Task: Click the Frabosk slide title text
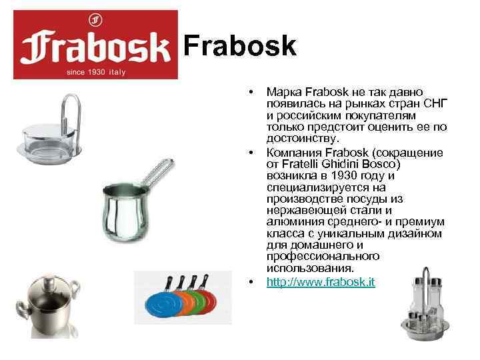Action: tap(239, 46)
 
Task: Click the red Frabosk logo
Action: tap(96, 45)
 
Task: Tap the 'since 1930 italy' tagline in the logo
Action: tap(96, 70)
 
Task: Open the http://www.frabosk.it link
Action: tap(321, 282)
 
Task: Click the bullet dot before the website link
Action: tap(251, 283)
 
